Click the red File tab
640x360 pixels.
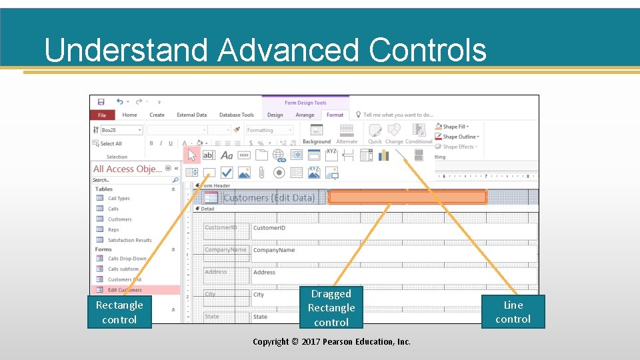[x=102, y=115]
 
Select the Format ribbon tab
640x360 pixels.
[x=335, y=115]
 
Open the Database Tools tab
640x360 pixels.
[x=237, y=115]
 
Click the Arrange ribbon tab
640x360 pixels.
[x=305, y=115]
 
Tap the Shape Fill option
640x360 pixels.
[x=455, y=127]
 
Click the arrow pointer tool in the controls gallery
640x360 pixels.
[x=192, y=155]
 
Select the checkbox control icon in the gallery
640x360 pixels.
[x=227, y=173]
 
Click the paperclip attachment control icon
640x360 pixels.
[x=261, y=173]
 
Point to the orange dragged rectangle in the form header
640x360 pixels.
[x=407, y=197]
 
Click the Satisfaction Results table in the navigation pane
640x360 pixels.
[x=129, y=240]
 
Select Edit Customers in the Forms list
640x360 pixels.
[x=125, y=290]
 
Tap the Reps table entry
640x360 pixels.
[x=113, y=230]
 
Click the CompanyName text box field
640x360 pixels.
[x=393, y=251]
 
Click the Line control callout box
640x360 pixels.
[x=513, y=311]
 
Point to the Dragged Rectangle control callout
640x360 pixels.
[x=331, y=307]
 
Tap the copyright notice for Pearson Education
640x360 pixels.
[x=331, y=341]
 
